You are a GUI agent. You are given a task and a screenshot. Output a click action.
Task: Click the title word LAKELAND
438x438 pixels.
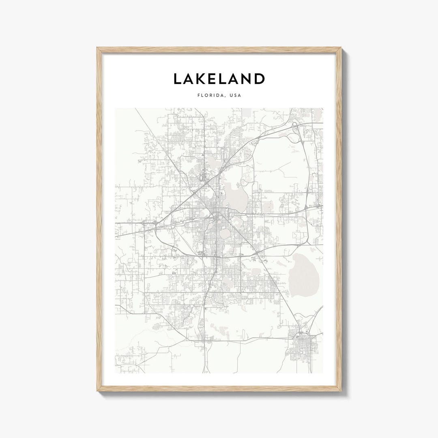tap(219, 79)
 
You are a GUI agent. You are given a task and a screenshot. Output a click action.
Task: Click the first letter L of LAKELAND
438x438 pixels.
tap(177, 79)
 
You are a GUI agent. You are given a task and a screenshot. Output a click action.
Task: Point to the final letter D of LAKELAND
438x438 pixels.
tap(259, 79)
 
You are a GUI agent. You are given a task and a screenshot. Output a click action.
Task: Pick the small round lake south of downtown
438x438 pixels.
tap(223, 234)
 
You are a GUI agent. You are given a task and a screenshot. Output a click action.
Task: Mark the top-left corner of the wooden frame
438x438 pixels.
tap(97, 48)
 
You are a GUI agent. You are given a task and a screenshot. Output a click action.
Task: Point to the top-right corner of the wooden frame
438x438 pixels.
tap(341, 48)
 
